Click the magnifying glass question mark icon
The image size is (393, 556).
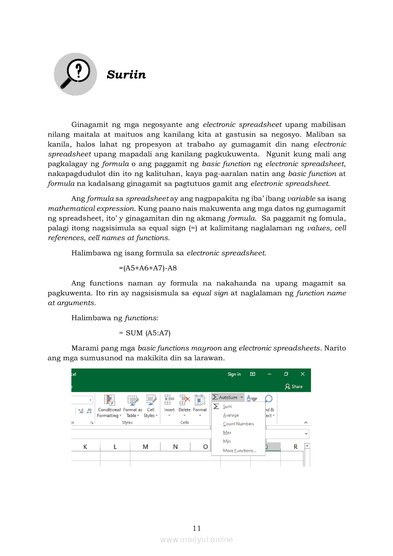(75, 74)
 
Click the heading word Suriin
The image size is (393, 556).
(126, 75)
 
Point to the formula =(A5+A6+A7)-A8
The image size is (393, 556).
(148, 268)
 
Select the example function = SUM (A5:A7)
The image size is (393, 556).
(145, 333)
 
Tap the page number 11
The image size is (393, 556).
(197, 528)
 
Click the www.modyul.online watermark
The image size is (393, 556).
(196, 539)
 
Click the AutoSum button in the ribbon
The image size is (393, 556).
(227, 397)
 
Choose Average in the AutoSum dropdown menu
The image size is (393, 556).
(231, 415)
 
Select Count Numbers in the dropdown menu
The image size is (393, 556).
(238, 424)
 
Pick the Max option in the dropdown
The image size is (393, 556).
(227, 432)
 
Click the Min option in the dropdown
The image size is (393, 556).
(227, 441)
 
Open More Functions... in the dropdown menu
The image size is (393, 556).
(239, 450)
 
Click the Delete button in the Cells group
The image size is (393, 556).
(185, 404)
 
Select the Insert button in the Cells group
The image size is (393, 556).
(169, 404)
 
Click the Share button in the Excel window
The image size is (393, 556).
(294, 386)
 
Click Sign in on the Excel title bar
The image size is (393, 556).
(234, 374)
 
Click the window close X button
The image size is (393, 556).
(302, 374)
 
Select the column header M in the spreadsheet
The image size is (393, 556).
(145, 447)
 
